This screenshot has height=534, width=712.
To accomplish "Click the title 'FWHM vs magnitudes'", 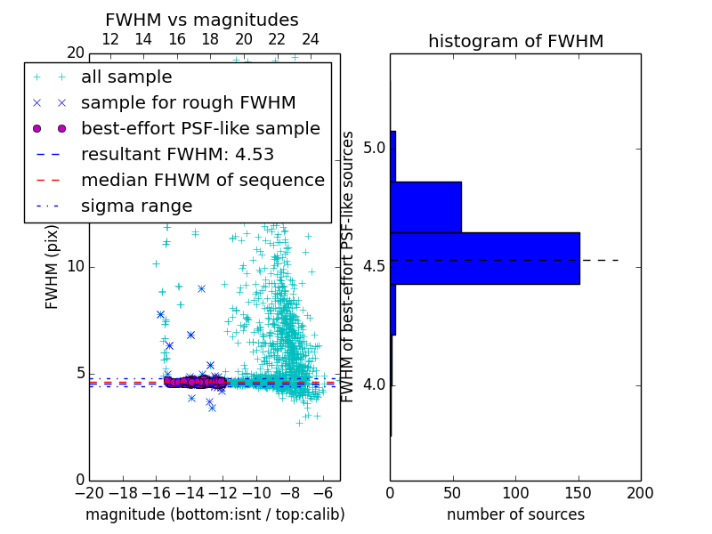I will pos(202,20).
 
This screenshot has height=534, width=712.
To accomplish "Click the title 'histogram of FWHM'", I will pos(515,41).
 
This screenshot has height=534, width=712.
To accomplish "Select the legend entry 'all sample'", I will pos(126,77).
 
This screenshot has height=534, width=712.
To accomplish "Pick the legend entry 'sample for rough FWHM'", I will pos(189,102).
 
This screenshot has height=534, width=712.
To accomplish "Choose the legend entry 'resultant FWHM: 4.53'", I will pos(177,154).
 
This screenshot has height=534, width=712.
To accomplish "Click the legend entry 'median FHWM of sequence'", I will pos(202,180).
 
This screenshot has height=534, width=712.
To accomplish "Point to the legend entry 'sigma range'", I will pos(136,206).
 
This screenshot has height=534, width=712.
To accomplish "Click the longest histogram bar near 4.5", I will pos(485,258).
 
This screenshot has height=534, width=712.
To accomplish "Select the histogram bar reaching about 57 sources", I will pos(425,206).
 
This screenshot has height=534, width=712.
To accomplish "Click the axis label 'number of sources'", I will pos(515,514).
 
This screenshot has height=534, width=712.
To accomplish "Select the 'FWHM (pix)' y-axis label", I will pos(53,267).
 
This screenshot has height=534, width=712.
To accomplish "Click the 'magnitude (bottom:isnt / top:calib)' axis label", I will pos(214,514).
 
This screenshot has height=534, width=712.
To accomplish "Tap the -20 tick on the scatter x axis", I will pos(89,492).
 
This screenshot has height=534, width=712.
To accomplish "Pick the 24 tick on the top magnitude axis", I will pos(310,39).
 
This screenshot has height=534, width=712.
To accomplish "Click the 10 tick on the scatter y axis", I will pos(75,267).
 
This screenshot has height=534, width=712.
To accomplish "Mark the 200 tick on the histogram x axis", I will pos(640,492).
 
